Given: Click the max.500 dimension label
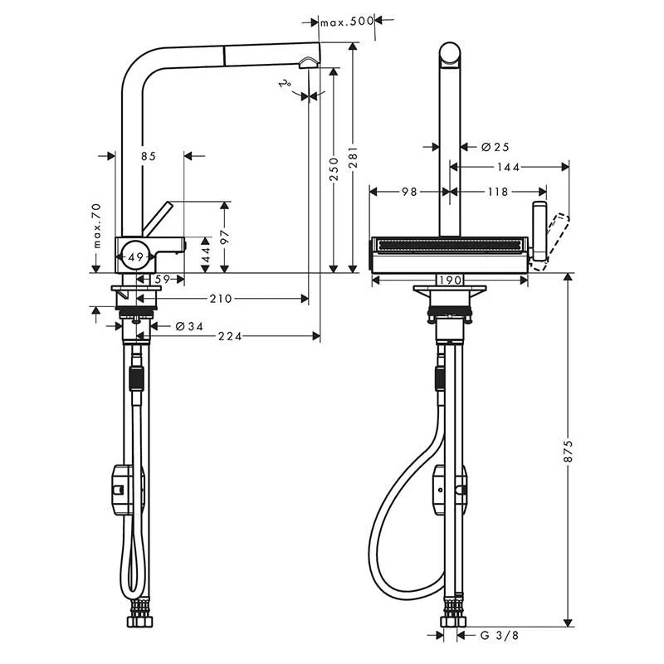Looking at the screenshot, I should (348, 22).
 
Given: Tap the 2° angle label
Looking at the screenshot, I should (286, 85).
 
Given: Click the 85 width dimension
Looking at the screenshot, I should (148, 155).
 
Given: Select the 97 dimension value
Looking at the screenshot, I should (223, 237).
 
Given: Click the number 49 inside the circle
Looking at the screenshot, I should (138, 256).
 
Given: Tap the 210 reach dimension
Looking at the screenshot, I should (220, 298).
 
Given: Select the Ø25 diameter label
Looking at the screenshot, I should (495, 147).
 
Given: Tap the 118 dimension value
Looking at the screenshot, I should (497, 192).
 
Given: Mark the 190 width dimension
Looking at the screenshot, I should (449, 281).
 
